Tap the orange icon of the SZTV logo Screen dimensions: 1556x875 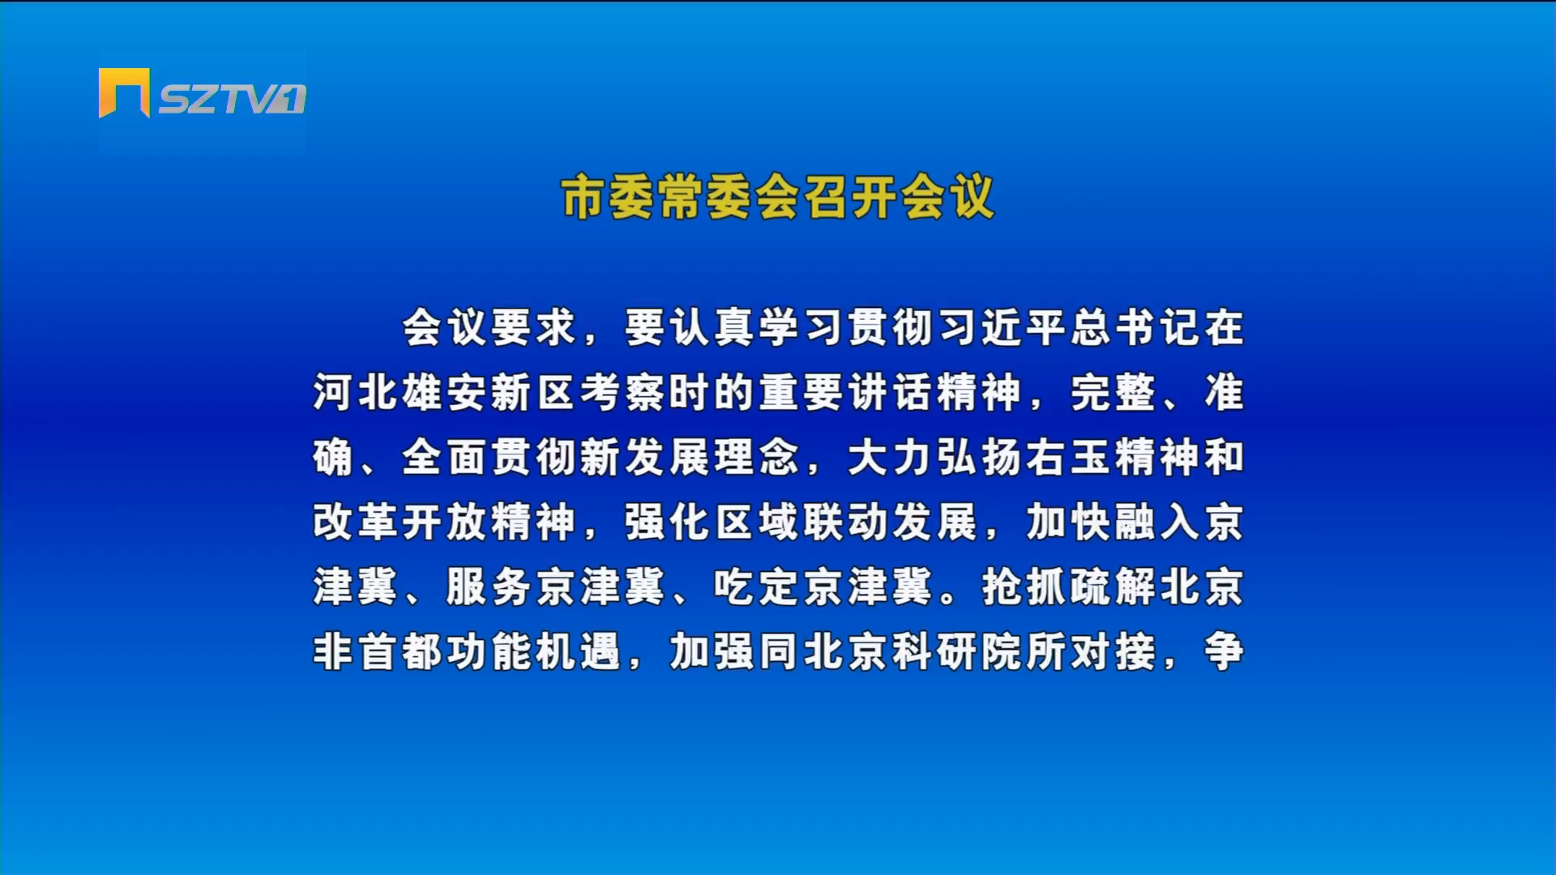(124, 92)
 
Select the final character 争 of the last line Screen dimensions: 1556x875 (1224, 651)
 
